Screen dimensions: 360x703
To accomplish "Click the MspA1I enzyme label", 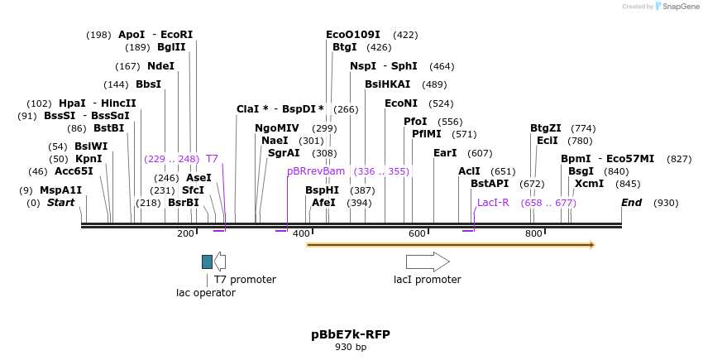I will (x=60, y=190).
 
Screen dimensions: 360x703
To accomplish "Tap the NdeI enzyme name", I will (x=160, y=66).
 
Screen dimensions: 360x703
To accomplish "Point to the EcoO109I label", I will (x=353, y=35).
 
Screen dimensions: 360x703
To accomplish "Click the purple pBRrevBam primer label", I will (x=316, y=171).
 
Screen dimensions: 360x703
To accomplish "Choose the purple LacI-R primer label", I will (x=493, y=203).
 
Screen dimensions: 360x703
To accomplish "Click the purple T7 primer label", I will (x=212, y=159).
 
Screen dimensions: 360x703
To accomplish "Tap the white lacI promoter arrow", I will (x=428, y=262).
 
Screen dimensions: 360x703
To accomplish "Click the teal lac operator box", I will (x=207, y=262).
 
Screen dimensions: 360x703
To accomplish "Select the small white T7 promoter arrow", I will (x=220, y=262).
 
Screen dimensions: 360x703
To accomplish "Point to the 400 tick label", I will (x=301, y=234).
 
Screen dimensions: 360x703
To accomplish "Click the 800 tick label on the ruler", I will (x=533, y=234).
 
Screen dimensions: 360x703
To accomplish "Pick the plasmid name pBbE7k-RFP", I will (x=351, y=334).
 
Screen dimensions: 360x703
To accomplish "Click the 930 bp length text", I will (x=351, y=348).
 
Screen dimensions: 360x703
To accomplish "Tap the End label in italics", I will (x=631, y=203).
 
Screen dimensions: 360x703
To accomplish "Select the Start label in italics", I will (x=60, y=203).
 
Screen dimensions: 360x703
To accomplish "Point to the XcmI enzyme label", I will (x=589, y=184).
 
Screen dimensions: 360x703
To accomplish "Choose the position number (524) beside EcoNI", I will (x=441, y=103).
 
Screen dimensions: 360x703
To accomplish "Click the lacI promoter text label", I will (x=428, y=280).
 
